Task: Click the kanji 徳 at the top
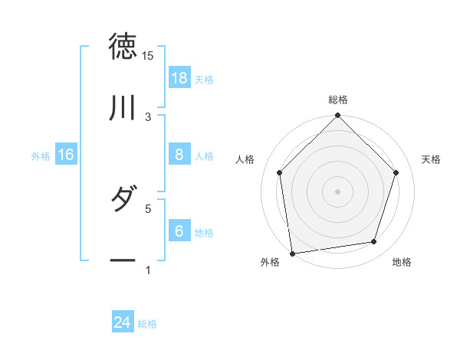click(x=123, y=47)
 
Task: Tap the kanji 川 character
click(x=123, y=108)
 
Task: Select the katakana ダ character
click(x=123, y=200)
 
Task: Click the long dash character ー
click(x=123, y=260)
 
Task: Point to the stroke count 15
click(x=147, y=56)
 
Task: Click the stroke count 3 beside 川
click(x=148, y=116)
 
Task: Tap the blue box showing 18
click(x=179, y=78)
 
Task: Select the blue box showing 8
click(x=179, y=155)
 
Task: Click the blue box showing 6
click(x=179, y=231)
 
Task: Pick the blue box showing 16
click(x=66, y=155)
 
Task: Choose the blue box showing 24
click(x=123, y=323)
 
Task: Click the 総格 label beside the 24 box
click(x=147, y=324)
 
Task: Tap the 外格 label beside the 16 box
click(x=41, y=155)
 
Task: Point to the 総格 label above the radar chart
click(x=338, y=100)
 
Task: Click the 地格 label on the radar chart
click(x=402, y=262)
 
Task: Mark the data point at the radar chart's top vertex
click(x=338, y=116)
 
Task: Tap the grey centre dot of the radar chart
click(x=338, y=191)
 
